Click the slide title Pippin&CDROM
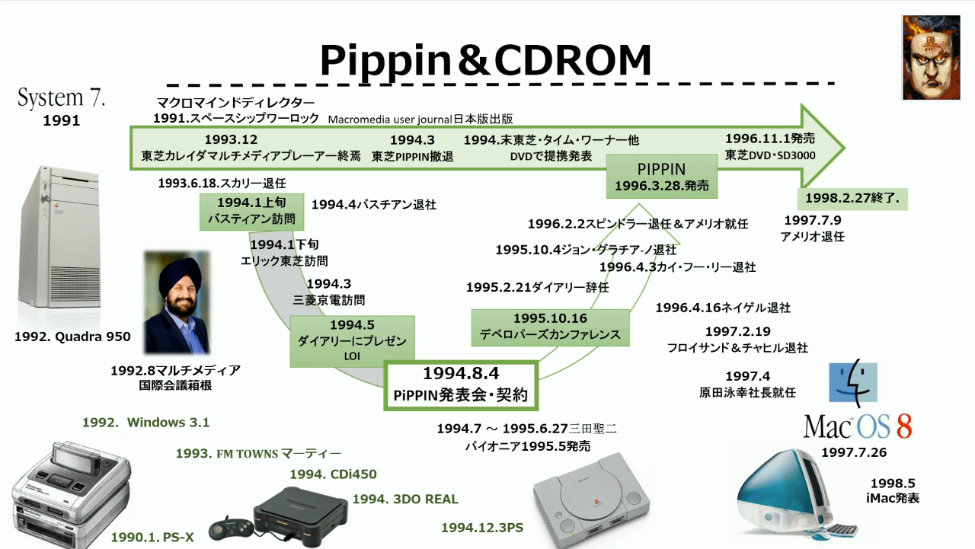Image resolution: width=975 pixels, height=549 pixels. (x=485, y=61)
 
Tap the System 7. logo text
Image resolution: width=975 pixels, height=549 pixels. (x=61, y=98)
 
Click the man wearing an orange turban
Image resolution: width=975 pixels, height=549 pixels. (x=177, y=303)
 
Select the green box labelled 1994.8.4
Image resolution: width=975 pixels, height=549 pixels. (x=461, y=385)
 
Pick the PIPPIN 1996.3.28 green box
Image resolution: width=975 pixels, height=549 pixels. (x=661, y=177)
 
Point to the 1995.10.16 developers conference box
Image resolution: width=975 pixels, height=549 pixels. (x=550, y=327)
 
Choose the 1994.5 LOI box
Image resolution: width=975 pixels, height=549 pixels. (x=351, y=340)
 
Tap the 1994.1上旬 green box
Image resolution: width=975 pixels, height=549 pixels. (x=251, y=212)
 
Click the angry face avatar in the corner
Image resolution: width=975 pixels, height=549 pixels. (x=931, y=58)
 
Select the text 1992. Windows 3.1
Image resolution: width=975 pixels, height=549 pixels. (x=145, y=423)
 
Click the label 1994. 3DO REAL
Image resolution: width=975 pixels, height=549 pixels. (x=405, y=500)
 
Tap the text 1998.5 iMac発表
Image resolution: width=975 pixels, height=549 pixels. (x=893, y=490)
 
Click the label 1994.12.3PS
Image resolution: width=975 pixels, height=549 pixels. (x=482, y=528)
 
